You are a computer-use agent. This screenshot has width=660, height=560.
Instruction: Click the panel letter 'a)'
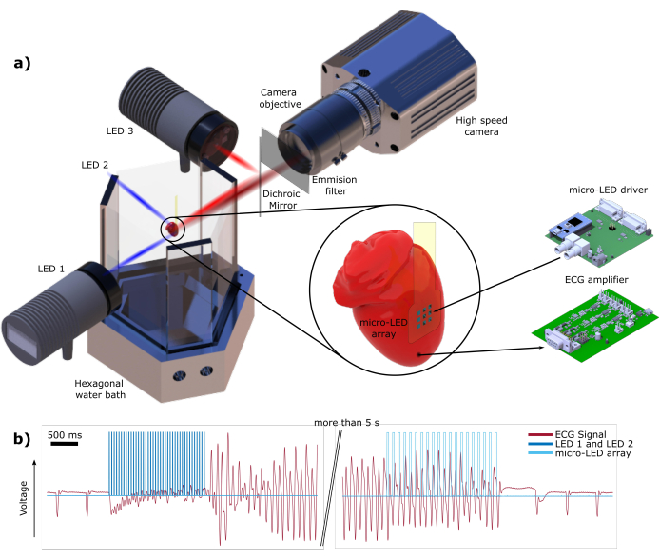(x=22, y=64)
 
